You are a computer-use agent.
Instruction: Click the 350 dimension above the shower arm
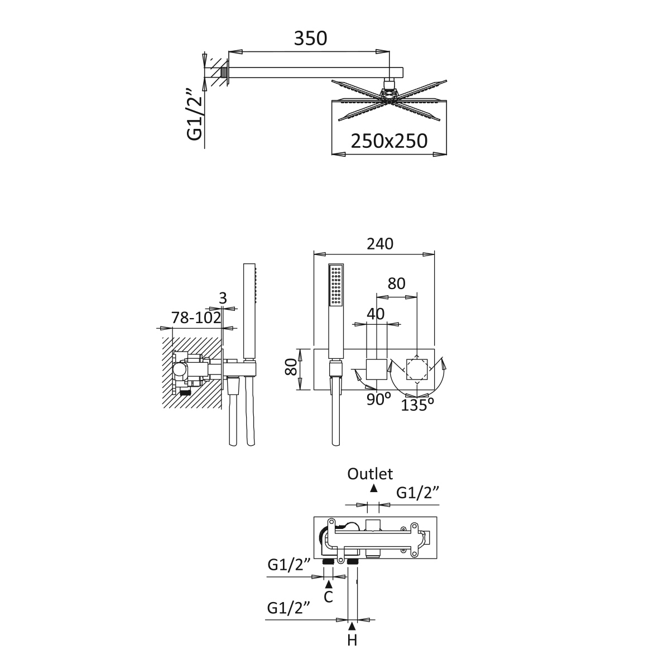coord(310,39)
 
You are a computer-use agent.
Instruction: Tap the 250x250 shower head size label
coord(389,141)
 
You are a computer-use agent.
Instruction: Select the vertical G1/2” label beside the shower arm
coord(195,115)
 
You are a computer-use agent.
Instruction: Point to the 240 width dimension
coord(380,244)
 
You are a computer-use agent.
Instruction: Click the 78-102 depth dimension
coord(196,318)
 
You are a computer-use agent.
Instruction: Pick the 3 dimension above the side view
coord(223,298)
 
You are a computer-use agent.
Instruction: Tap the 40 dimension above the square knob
coord(376,314)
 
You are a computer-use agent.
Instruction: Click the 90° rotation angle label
coord(379,399)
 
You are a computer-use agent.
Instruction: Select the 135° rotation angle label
coord(417,405)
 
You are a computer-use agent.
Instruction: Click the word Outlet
coord(370,474)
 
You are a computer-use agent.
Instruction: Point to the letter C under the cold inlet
coord(328,597)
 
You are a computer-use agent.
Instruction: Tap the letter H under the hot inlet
coord(352,640)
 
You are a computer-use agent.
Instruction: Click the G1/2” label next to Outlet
coord(418,492)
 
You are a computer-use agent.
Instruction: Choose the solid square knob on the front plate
coord(376,369)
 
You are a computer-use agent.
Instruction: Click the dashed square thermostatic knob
coord(417,369)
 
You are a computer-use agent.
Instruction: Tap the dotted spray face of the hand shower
coord(336,285)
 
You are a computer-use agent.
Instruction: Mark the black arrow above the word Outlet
coord(373,488)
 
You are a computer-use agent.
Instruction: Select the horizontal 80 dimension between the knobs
coord(396,283)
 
